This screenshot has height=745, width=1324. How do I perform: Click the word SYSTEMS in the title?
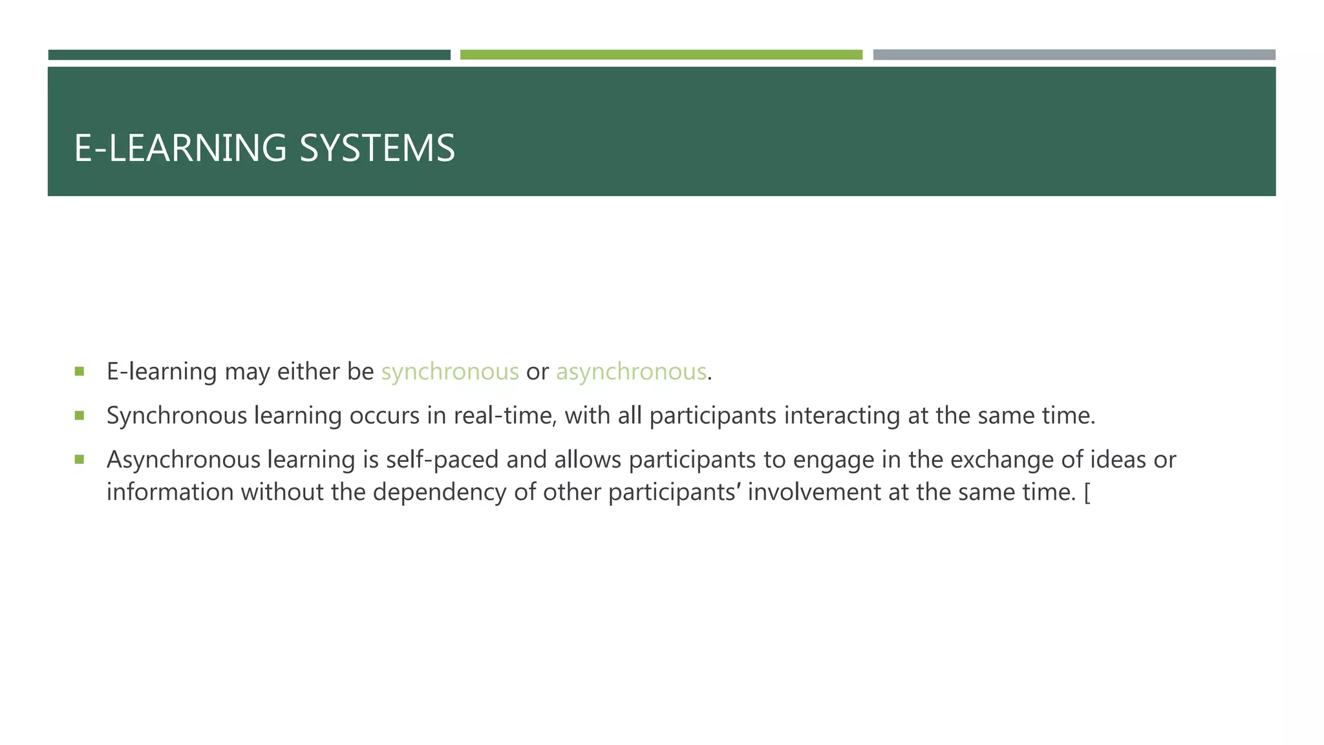(x=377, y=148)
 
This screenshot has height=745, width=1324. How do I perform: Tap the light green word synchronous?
(x=450, y=372)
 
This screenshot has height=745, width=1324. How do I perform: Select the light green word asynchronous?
(x=631, y=372)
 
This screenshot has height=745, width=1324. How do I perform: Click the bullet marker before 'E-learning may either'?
(x=80, y=371)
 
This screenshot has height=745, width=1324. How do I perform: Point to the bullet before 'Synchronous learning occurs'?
(x=80, y=415)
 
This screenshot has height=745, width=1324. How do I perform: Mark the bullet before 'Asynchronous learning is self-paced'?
(x=80, y=460)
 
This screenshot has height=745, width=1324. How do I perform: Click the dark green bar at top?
(x=249, y=55)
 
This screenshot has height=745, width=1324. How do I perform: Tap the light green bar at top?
(x=661, y=55)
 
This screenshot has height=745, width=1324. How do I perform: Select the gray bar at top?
(x=1074, y=55)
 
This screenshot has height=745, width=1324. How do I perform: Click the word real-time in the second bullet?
(x=505, y=416)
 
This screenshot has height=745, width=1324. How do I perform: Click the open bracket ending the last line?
(x=1087, y=493)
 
